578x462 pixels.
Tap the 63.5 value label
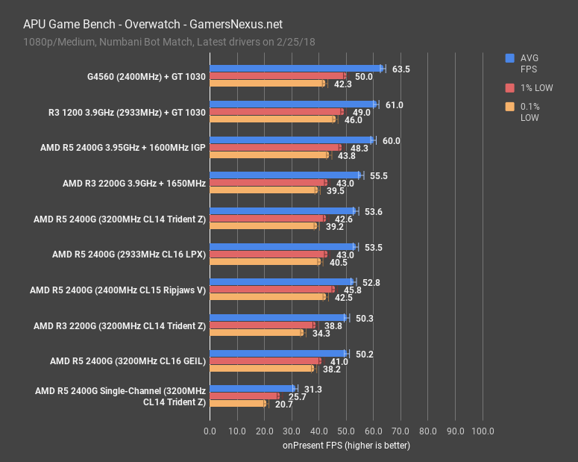(400, 69)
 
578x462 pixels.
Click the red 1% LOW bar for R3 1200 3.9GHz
(276, 112)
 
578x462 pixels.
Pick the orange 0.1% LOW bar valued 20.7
(238, 404)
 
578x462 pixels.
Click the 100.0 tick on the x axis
(483, 431)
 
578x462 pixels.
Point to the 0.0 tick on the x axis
(210, 431)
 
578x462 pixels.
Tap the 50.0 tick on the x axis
(346, 431)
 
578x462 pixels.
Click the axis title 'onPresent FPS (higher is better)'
(346, 446)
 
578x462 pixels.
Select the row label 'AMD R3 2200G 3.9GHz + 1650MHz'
(134, 183)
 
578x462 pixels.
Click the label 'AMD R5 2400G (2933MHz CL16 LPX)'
(128, 254)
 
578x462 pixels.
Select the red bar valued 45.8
(271, 290)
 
